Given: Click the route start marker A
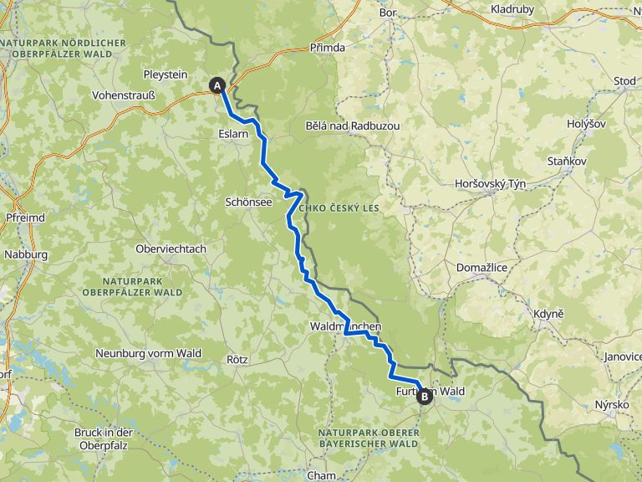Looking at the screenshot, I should coord(217,85).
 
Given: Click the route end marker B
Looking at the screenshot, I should coord(425,396).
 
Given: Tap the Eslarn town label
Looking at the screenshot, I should coord(233,133).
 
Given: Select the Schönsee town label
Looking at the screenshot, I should coord(249,202).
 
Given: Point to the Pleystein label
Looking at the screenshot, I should coord(166,74).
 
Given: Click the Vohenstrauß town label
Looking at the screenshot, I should coord(124,95).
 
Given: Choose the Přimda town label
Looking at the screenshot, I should coord(327,48).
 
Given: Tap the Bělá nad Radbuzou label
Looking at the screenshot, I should coord(352,126).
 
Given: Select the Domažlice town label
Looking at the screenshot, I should coord(482,267).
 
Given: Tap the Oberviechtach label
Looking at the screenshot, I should coord(171,249).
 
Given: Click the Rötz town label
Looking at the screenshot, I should coord(238,359).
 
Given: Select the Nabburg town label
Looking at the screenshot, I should coord(26,254).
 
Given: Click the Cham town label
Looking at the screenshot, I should coord(321,475).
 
